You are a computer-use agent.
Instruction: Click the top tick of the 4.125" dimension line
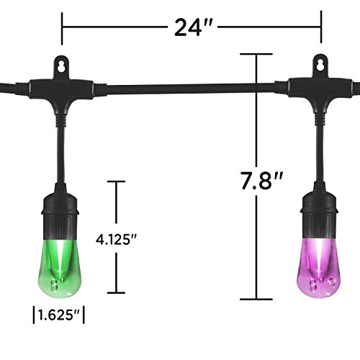tap(114, 182)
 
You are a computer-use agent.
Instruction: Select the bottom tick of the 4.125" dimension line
tap(114, 292)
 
